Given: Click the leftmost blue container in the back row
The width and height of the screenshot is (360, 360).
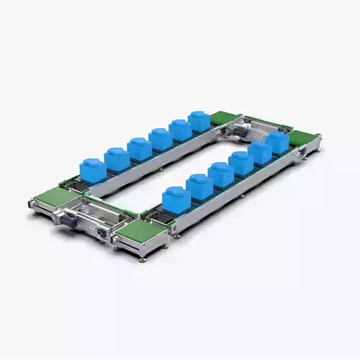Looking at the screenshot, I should pos(91,168).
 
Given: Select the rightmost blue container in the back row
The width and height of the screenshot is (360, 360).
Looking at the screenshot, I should pos(199,120).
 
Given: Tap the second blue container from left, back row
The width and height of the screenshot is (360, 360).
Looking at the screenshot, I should pos(116,158).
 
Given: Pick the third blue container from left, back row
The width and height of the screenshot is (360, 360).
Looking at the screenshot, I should pos(138,147).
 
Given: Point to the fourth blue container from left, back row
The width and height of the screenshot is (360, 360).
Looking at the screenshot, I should pos(160,138).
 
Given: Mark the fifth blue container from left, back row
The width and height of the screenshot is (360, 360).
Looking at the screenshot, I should pos(180,129).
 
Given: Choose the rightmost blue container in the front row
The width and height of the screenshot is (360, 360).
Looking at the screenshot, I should pos(278,141).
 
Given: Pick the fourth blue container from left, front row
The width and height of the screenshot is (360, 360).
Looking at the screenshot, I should pos(241,163).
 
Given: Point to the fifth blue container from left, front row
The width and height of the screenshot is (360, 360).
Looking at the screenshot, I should pos(260,151).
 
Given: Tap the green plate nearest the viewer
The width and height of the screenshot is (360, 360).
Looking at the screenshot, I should pos(145,232).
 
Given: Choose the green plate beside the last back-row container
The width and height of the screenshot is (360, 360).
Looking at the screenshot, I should pos(226,119).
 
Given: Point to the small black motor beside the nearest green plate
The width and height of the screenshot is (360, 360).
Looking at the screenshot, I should pos(102,234).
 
